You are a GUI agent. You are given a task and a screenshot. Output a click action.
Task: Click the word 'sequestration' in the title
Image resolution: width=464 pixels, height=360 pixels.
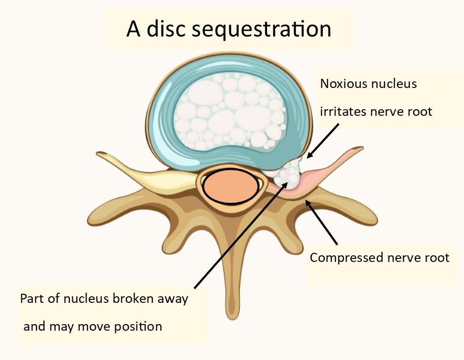(262, 29)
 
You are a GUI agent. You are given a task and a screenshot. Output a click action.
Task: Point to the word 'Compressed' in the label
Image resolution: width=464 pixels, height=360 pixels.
(343, 258)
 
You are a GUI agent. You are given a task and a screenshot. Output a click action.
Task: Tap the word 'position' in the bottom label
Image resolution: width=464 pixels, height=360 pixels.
(138, 326)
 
